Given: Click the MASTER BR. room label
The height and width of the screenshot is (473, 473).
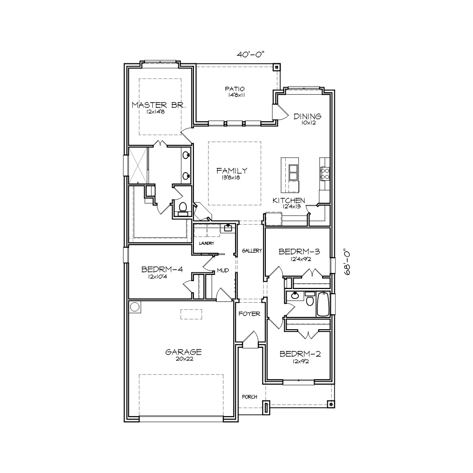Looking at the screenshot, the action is [x=158, y=105].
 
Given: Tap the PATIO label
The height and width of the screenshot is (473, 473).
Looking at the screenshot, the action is [x=235, y=89].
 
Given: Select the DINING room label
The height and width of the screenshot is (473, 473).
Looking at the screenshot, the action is [x=307, y=116].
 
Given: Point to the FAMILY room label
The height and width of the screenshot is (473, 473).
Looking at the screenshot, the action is [x=232, y=171].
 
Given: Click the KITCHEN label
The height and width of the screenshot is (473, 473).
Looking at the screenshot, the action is [x=289, y=201].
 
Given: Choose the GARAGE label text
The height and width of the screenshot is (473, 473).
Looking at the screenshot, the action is [x=184, y=352].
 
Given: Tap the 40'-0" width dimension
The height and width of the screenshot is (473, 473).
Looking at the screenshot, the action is [x=250, y=54].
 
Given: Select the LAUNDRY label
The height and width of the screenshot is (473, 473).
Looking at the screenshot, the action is [x=207, y=243].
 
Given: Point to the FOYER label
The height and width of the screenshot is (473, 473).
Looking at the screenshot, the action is [x=249, y=314].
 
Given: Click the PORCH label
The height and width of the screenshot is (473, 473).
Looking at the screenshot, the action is [x=249, y=397].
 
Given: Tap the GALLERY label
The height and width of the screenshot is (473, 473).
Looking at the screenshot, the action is [x=252, y=251].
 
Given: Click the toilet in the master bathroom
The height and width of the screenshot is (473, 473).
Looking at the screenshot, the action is [x=183, y=208].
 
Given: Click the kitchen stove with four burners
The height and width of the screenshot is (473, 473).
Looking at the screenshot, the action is [x=324, y=174].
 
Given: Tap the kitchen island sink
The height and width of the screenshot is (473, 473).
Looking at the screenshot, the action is [x=293, y=172].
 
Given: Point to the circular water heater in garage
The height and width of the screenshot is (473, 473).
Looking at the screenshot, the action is [x=135, y=307].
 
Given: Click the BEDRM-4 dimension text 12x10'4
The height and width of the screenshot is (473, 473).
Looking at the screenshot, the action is [x=158, y=277].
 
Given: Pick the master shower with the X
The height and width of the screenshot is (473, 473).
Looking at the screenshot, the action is [x=138, y=165].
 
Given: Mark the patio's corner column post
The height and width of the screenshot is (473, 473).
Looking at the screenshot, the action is [x=276, y=67].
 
